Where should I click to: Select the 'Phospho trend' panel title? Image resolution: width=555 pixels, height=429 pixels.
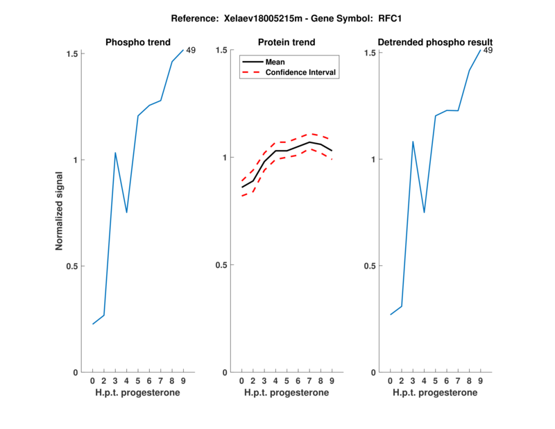coord(137,42)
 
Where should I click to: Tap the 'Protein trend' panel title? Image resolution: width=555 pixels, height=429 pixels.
coord(287,42)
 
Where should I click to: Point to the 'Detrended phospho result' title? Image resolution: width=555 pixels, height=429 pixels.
coord(435,42)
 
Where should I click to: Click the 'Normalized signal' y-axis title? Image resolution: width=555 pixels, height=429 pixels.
coord(60,213)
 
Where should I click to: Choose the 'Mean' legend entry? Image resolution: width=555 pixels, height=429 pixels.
coord(275,62)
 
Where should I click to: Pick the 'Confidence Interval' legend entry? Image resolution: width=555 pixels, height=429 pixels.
coord(301,72)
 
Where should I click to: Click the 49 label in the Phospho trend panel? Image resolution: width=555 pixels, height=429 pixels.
coord(191,49)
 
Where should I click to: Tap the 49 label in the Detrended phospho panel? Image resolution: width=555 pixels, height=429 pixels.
coord(488,50)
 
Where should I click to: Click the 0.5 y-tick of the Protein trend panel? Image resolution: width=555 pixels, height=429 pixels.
coord(221,265)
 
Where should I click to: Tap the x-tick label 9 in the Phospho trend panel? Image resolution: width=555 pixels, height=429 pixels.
coord(183,380)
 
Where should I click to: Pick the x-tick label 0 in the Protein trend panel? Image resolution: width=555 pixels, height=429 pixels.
coord(241,380)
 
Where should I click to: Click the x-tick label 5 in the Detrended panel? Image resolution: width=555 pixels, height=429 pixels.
coord(435,380)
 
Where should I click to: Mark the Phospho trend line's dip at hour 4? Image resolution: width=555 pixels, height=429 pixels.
coord(126,212)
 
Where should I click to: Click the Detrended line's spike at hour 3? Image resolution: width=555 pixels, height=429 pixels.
coord(413,142)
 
